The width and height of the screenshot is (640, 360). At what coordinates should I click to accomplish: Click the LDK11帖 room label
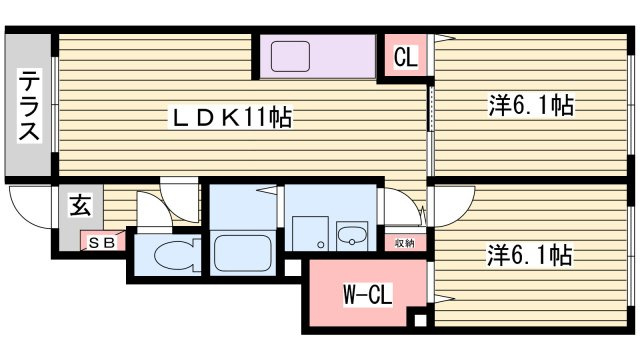[230, 118]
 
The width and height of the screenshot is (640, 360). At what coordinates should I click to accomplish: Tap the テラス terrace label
[29, 105]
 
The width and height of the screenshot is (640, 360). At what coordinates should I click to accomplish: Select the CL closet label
[406, 57]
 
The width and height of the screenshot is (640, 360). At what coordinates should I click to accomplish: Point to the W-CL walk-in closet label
[368, 294]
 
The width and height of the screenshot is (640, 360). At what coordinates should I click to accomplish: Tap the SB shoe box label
[102, 243]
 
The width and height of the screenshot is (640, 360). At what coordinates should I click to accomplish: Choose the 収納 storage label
[404, 244]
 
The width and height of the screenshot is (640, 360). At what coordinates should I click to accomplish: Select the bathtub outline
[242, 253]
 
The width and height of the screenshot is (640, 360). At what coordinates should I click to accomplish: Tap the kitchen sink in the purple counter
[290, 56]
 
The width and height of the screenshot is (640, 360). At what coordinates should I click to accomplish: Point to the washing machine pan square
[310, 233]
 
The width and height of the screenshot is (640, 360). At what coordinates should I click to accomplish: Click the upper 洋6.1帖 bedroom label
[531, 105]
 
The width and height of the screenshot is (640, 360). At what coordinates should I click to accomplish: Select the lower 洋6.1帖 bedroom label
[529, 255]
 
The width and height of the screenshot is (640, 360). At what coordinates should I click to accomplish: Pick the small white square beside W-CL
[420, 320]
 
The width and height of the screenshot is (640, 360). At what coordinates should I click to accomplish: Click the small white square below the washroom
[292, 268]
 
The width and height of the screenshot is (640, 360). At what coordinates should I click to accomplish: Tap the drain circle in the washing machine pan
[321, 245]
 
